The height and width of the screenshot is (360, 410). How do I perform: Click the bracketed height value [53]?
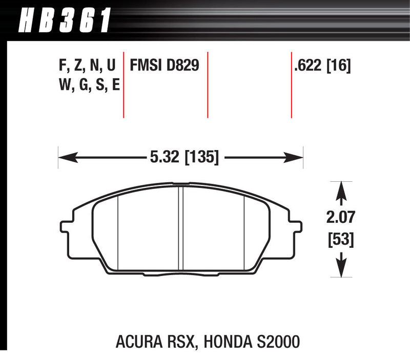coord(341,239)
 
